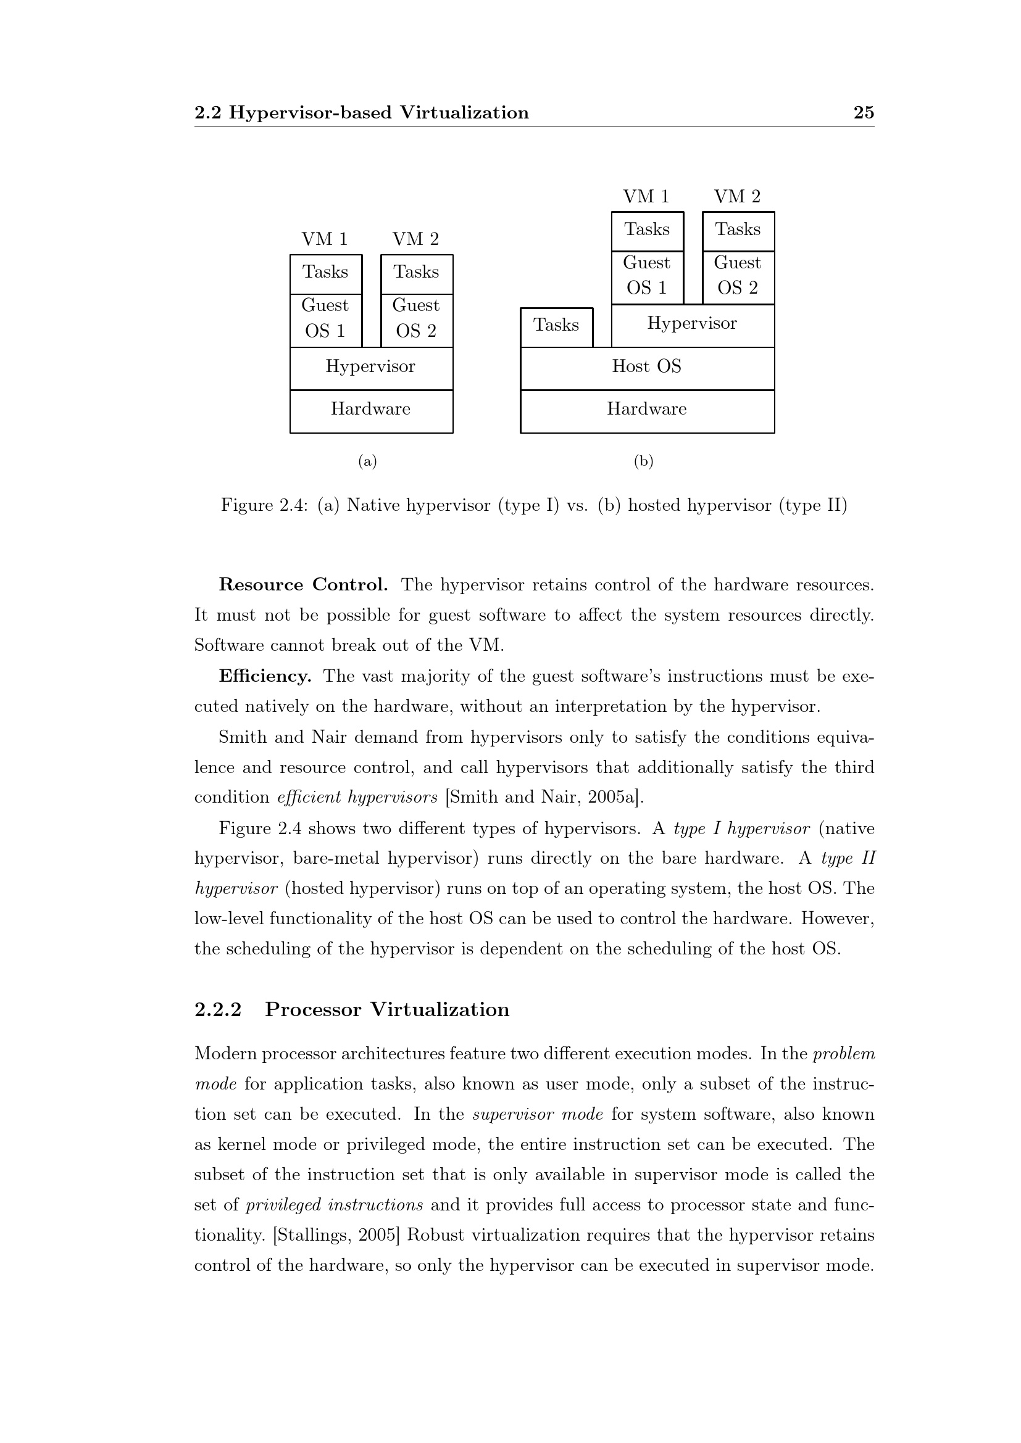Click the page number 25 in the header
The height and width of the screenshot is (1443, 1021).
click(863, 112)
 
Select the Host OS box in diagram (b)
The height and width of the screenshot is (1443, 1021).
click(647, 368)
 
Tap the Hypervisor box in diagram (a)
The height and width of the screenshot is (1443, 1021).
click(371, 368)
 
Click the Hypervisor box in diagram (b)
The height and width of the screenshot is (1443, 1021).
click(692, 325)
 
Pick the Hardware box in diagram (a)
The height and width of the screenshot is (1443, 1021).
click(371, 410)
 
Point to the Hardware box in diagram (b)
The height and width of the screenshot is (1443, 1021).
click(647, 410)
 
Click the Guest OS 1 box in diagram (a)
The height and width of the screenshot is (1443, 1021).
click(326, 320)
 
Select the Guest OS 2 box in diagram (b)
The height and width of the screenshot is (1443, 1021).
click(738, 276)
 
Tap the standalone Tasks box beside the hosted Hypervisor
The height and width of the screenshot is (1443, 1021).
click(556, 326)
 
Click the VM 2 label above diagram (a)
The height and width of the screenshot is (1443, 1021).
click(415, 239)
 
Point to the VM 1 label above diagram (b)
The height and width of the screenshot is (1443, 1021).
click(646, 197)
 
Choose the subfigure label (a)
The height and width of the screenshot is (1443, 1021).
click(368, 462)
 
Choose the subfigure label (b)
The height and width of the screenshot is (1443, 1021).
click(644, 462)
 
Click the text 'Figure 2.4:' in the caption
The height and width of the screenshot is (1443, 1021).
click(264, 506)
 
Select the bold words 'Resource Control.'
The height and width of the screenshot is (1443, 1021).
click(303, 585)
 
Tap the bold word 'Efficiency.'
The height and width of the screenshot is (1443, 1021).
click(265, 677)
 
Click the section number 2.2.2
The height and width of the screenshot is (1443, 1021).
click(218, 1010)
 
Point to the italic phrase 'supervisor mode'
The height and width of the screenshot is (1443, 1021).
click(538, 1114)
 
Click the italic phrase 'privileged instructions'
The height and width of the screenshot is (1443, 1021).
click(335, 1205)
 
